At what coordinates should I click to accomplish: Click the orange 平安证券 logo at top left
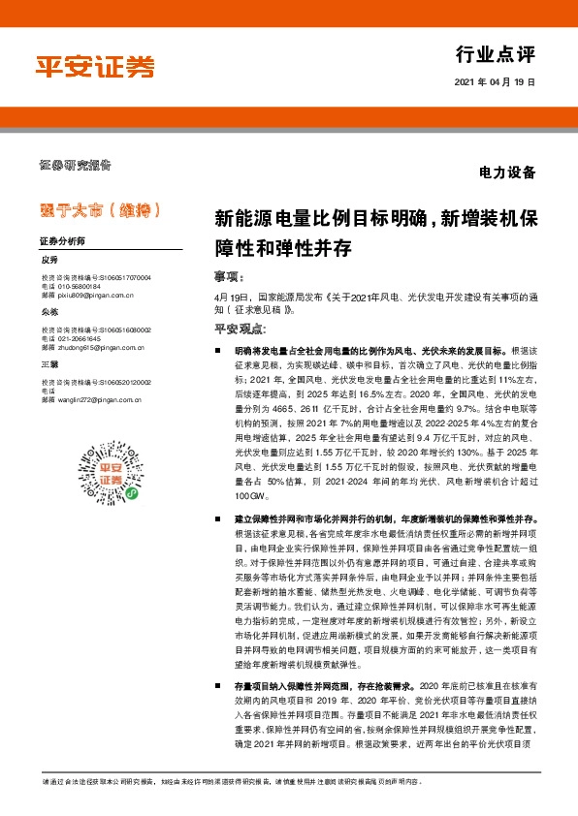pos(95,66)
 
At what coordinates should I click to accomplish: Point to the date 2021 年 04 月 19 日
pos(494,83)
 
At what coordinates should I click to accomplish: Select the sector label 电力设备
pos(507,173)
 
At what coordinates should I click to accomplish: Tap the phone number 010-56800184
pos(79,286)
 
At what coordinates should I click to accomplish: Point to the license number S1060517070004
pos(119,278)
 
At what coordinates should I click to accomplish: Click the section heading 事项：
pos(227,275)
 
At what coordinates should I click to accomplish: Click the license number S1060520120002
pos(119,381)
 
